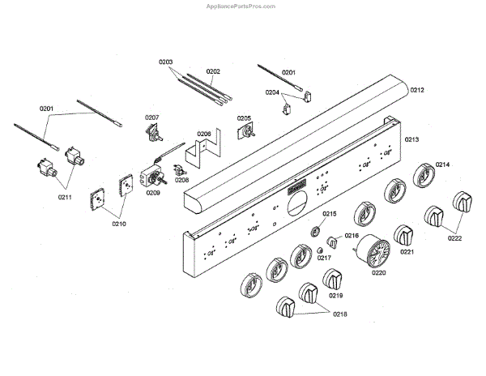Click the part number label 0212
tap(417, 90)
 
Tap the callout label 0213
tap(412, 140)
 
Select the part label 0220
tap(379, 272)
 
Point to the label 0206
tap(204, 134)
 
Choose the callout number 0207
tap(152, 118)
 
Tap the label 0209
tap(153, 193)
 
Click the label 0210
tap(119, 223)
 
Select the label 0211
tap(65, 196)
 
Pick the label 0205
tap(244, 119)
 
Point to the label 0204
tap(272, 92)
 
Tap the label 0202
tap(213, 71)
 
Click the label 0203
tap(166, 62)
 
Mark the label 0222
tap(454, 238)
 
